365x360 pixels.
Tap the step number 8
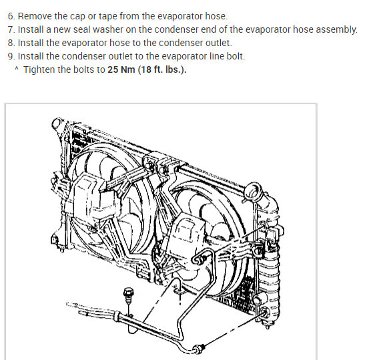point(11,43)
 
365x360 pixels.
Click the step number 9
point(11,56)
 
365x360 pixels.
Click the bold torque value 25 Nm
point(121,69)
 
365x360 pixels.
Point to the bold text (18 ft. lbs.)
point(162,70)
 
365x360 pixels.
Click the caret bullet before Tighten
point(17,69)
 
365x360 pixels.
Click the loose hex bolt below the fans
point(128,295)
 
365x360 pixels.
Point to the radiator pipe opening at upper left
point(57,123)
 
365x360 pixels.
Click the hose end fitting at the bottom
point(199,349)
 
